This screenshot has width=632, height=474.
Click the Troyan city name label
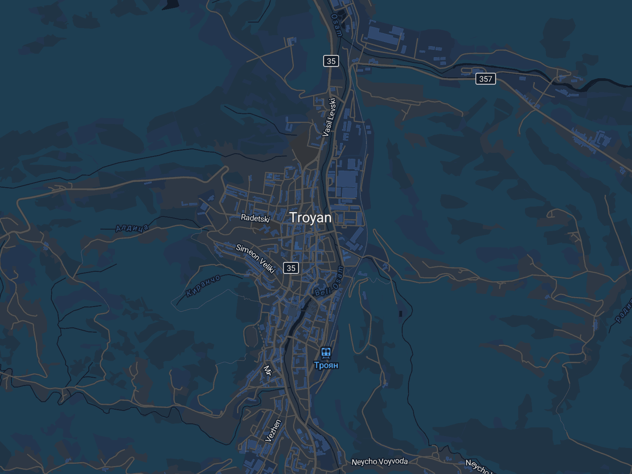(310, 218)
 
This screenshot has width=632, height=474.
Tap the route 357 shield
(485, 79)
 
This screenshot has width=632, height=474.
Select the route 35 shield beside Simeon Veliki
(291, 268)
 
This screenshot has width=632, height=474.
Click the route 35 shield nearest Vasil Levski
(331, 61)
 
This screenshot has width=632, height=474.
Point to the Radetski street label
(255, 218)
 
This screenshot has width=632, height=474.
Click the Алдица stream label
(132, 228)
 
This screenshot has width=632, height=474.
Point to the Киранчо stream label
(203, 285)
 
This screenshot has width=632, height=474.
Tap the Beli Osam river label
(329, 286)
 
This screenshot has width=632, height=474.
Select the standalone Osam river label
(336, 25)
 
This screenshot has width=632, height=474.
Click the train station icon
(326, 352)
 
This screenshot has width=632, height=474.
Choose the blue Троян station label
(326, 365)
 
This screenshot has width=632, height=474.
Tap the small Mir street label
(268, 370)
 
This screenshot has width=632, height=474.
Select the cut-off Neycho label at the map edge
(477, 467)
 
